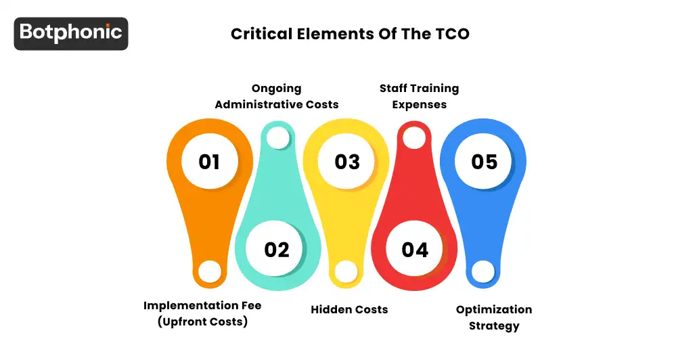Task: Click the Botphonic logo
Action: pyautogui.click(x=71, y=33)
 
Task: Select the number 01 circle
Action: pyautogui.click(x=209, y=162)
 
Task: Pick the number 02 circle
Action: pyautogui.click(x=277, y=250)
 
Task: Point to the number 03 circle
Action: pyautogui.click(x=347, y=162)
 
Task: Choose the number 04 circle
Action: pyautogui.click(x=415, y=250)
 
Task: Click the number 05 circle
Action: pyautogui.click(x=485, y=162)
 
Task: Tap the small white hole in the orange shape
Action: pyautogui.click(x=210, y=271)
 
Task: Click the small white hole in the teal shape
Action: pyautogui.click(x=277, y=138)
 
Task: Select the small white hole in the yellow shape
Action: pyautogui.click(x=346, y=271)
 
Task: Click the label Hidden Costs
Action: pyautogui.click(x=349, y=309)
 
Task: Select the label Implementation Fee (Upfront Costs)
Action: pyautogui.click(x=202, y=313)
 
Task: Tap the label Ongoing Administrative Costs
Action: pyautogui.click(x=277, y=96)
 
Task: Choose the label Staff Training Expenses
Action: pyautogui.click(x=419, y=96)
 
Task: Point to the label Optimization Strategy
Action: pyautogui.click(x=494, y=317)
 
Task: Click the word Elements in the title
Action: pyautogui.click(x=328, y=34)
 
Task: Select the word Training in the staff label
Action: pyautogui.click(x=432, y=88)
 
